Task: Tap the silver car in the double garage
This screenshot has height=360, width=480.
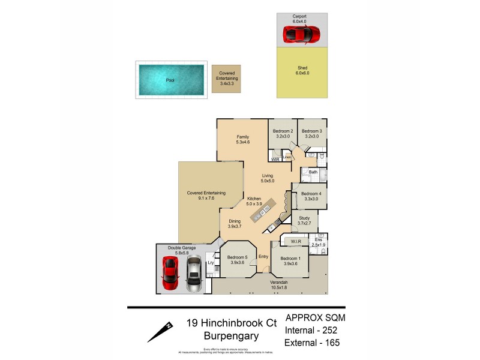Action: (193, 275)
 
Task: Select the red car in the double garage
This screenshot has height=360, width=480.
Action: (170, 274)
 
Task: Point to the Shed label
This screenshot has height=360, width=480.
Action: (301, 68)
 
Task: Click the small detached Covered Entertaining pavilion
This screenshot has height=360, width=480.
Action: (226, 79)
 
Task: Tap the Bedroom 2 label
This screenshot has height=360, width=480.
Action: (283, 131)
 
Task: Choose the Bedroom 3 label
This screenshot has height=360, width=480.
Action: (312, 131)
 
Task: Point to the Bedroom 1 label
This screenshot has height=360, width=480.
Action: (290, 259)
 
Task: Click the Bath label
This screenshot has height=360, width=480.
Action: (313, 172)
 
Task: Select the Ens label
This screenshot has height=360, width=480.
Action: (318, 240)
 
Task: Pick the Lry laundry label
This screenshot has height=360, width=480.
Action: (211, 263)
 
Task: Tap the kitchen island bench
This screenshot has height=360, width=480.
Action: (264, 211)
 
